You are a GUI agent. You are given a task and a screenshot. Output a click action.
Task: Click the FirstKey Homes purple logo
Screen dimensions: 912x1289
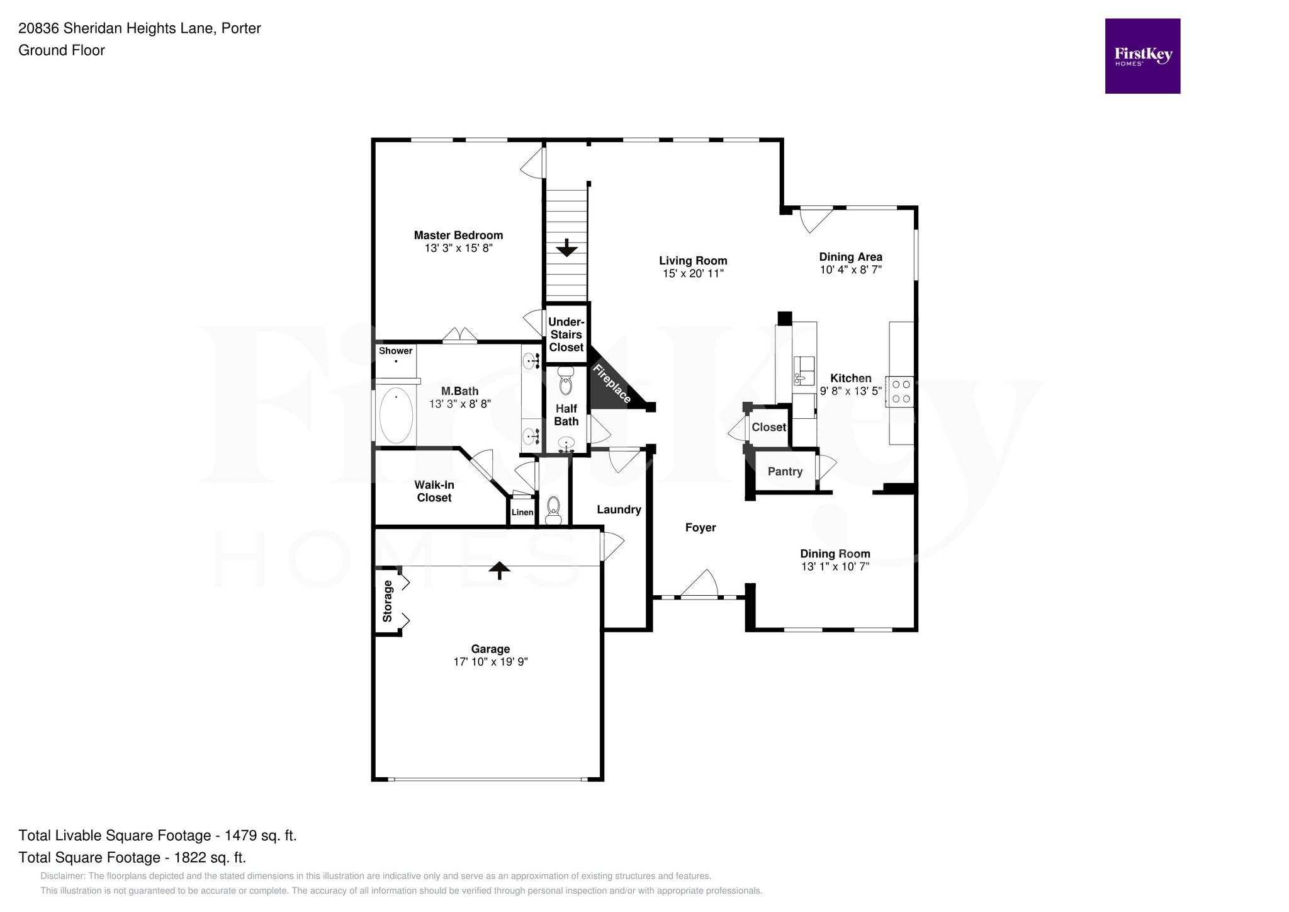point(1142,56)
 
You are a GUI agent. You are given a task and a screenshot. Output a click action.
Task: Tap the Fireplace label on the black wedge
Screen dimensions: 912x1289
point(612,384)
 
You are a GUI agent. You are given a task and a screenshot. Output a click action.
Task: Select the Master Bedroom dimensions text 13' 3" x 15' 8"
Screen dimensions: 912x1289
point(458,248)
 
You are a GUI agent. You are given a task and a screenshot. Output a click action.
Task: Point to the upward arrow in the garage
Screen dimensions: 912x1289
point(500,570)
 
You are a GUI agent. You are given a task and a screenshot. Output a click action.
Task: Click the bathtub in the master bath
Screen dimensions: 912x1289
point(396,415)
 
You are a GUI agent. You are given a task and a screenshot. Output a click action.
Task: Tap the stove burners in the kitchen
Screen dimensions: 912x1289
point(899,391)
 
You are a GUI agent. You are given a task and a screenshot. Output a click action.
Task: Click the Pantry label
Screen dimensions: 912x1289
point(785,472)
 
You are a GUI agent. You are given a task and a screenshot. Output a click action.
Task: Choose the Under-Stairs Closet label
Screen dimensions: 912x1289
point(566,334)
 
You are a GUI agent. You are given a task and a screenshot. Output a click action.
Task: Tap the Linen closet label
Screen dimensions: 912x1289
point(522,513)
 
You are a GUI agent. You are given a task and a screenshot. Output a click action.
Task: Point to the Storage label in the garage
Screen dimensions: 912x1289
point(388,601)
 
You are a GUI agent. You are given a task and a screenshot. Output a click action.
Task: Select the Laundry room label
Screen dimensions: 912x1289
point(618,510)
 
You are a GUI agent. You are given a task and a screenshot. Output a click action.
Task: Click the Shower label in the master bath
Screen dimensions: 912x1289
point(395,351)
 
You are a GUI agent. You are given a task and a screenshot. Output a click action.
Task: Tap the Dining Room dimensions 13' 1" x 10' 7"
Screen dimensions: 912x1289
point(835,567)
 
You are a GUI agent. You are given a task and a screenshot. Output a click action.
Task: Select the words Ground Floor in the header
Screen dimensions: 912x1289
point(61,50)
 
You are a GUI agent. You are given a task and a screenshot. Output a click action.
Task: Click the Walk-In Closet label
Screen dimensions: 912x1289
point(434,491)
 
